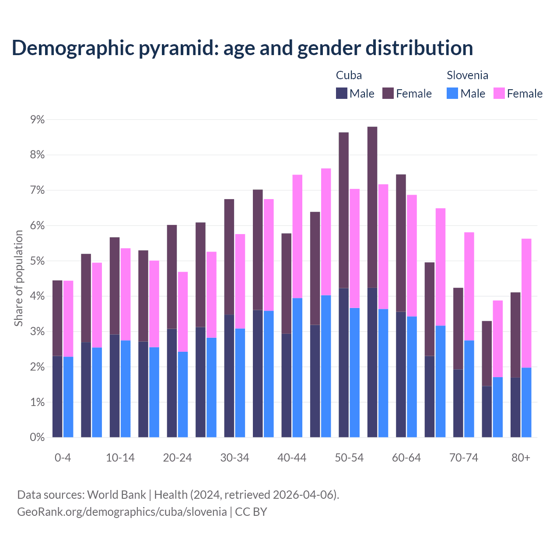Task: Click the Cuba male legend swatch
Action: click(342, 93)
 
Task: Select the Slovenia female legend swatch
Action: click(499, 93)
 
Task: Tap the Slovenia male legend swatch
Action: click(452, 93)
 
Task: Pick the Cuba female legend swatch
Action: click(388, 93)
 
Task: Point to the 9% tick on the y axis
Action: click(37, 119)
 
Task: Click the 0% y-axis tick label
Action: click(37, 437)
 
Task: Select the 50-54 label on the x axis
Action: click(349, 458)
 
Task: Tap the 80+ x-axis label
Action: click(521, 458)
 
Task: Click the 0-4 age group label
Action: click(63, 458)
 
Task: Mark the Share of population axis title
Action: click(18, 278)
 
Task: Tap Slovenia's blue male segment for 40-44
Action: click(297, 367)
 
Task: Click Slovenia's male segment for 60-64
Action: click(412, 377)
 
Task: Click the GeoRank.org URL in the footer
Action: click(122, 511)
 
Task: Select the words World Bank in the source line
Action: click(116, 495)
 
